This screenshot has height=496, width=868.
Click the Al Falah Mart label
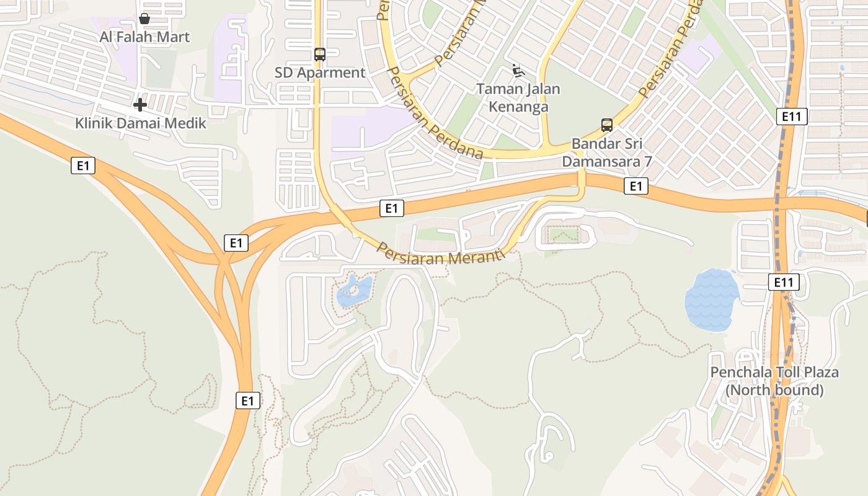[x=144, y=37]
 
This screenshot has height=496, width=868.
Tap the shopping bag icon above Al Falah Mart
[x=144, y=19]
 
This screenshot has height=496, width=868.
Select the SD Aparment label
[x=320, y=73]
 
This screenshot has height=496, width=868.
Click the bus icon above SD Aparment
[x=320, y=55]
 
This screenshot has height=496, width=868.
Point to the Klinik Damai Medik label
[x=141, y=123]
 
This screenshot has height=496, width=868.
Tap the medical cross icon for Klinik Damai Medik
[x=140, y=105]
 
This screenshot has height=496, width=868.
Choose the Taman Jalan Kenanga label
[x=518, y=97]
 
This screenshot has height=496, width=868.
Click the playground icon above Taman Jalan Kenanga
[x=518, y=71]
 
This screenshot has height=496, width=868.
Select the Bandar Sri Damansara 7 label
[x=607, y=153]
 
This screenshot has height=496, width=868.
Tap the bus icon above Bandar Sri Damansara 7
[x=607, y=125]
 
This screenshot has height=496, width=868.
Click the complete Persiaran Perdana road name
[x=434, y=112]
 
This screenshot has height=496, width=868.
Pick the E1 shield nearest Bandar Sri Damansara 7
[x=635, y=186]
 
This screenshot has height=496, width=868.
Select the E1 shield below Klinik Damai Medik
[x=83, y=166]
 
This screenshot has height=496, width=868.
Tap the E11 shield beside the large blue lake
[x=784, y=283]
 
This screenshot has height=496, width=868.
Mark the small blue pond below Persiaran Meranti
[x=354, y=291]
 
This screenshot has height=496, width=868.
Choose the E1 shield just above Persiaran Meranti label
[x=391, y=208]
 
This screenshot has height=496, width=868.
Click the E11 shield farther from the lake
[x=792, y=116]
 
